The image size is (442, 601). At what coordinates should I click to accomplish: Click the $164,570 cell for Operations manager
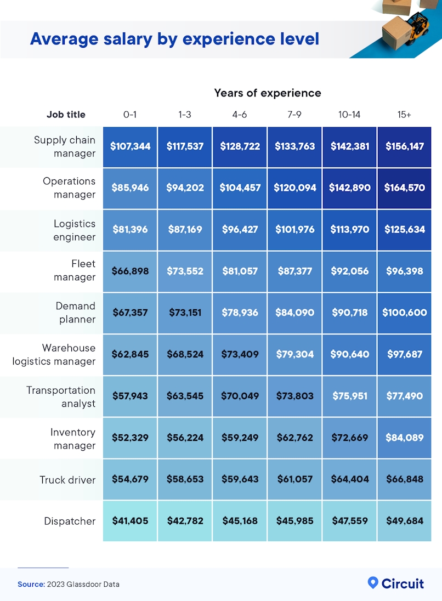point(404,188)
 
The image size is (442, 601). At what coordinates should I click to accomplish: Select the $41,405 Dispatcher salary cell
point(130,521)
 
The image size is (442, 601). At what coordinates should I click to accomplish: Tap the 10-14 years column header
point(349,115)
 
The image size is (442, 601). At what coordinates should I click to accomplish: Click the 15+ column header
point(404,115)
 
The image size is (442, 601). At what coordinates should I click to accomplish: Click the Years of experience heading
point(267,93)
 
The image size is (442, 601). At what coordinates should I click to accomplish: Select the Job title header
point(66,115)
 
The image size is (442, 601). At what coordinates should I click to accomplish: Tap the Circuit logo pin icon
point(373,582)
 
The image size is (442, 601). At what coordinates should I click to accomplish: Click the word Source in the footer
point(30,585)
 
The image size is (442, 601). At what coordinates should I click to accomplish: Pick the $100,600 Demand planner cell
point(404,313)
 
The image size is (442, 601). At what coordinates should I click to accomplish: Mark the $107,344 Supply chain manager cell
point(130,147)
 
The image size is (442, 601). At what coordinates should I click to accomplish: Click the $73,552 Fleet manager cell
point(185,271)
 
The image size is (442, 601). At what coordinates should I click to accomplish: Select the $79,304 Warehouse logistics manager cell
point(294,354)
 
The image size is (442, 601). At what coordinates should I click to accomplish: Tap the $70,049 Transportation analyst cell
point(240,396)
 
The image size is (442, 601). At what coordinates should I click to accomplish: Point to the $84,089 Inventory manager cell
point(404,438)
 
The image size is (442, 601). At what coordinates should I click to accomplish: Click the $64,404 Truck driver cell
point(349,480)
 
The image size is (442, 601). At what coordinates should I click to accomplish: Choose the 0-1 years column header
point(130,115)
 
